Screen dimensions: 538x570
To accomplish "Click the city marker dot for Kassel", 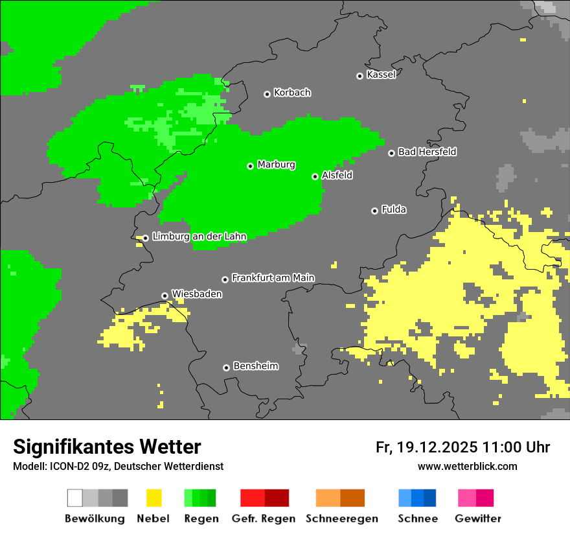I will (359, 76).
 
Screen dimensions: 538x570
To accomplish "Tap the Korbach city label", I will (292, 93).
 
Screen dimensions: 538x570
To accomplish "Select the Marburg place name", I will (276, 165).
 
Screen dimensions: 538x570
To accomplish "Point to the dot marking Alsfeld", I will (315, 176).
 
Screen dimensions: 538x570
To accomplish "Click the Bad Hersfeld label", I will (427, 152).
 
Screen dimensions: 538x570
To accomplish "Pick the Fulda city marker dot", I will (374, 211).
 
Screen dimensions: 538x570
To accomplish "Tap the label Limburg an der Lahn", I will (199, 237).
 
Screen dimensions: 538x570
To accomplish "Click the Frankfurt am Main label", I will (273, 278).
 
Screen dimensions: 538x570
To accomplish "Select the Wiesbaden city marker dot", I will (165, 296).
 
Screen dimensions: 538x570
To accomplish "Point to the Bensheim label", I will (255, 366).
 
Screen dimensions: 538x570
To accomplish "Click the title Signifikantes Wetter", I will (107, 447).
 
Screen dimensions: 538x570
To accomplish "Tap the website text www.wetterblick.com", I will (467, 466).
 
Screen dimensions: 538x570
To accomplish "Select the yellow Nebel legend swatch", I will (154, 498).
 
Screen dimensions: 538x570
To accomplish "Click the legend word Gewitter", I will (477, 519).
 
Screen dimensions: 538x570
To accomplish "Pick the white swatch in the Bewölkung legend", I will (75, 498).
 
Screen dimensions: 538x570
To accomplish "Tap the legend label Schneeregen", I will (341, 519).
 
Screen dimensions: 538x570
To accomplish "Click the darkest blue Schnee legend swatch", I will (430, 498).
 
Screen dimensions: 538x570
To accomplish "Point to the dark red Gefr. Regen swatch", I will (277, 498).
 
